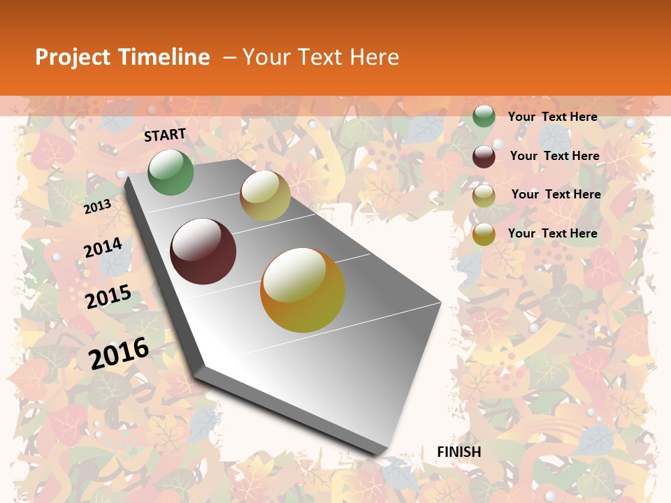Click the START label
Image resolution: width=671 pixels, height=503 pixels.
(165, 135)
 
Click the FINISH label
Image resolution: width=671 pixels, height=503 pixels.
(459, 452)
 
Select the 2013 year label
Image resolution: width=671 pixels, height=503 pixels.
(98, 206)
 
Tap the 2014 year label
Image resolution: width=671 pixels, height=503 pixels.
(103, 247)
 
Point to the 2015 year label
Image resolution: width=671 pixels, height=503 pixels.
(108, 296)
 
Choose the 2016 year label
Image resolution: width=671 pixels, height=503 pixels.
(120, 353)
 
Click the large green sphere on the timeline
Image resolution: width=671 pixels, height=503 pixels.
(171, 173)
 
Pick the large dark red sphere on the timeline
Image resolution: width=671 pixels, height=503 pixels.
(203, 251)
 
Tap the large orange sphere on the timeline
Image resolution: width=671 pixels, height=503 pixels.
(303, 289)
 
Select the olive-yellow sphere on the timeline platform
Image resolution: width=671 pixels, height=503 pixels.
(265, 196)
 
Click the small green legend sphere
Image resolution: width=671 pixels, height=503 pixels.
(484, 116)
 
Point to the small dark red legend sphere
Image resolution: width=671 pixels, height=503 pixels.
(484, 156)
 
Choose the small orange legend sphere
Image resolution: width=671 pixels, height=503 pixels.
(484, 234)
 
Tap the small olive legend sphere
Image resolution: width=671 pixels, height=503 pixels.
(484, 196)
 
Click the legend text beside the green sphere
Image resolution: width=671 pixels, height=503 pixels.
(552, 117)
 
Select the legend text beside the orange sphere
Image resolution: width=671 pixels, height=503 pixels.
(552, 233)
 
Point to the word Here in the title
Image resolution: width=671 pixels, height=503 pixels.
(374, 57)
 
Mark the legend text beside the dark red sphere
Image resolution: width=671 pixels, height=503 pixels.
(554, 156)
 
